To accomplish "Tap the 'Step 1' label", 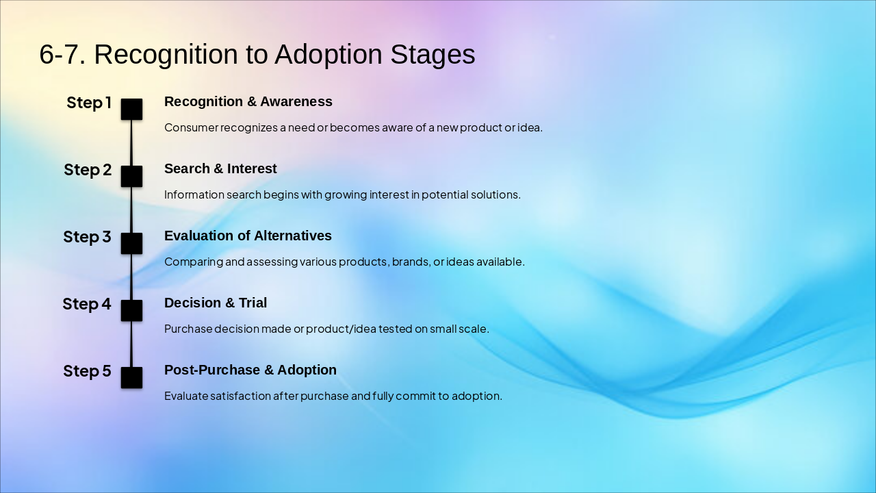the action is point(89,103).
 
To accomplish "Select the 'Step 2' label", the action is point(88,170).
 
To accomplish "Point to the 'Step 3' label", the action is point(87,237).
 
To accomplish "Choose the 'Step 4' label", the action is point(87,304).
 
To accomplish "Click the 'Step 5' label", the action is point(87,371).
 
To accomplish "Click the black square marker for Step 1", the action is point(131,109).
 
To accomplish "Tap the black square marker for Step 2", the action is point(131,177).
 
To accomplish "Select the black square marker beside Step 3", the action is point(131,243).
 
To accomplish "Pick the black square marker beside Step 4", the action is point(131,311).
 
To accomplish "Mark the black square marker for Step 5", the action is point(131,377).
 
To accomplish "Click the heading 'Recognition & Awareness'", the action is point(248,102).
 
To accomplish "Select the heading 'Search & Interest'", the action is point(220,168).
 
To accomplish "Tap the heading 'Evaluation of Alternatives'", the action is point(248,236).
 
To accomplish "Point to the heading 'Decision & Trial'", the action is point(216,303).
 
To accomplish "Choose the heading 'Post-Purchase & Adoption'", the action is point(250,370).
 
